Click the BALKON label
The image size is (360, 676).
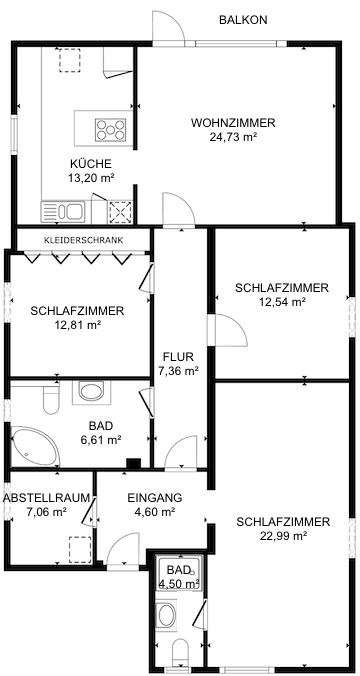click(244, 19)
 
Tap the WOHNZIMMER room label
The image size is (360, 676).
click(233, 123)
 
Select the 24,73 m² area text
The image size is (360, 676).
click(233, 137)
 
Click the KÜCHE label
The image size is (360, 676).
click(91, 164)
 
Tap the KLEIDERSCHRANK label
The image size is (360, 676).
click(83, 240)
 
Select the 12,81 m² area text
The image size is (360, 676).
click(77, 324)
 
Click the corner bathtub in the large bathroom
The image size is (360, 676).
click(34, 441)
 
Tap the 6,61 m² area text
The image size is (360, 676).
click(100, 439)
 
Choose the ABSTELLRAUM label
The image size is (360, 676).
click(47, 497)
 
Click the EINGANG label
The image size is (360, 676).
click(154, 497)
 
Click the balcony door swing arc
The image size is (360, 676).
click(166, 25)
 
